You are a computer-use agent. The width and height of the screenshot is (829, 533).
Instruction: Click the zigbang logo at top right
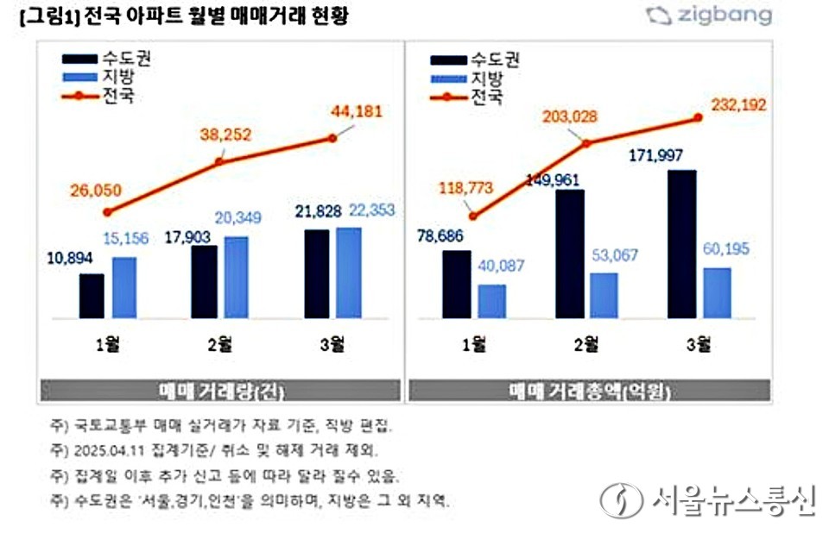(x=709, y=16)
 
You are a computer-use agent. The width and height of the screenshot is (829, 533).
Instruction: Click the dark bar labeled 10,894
(x=92, y=296)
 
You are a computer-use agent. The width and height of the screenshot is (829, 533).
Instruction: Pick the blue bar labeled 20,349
(x=236, y=277)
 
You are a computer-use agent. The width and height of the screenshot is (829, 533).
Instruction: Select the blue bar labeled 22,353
(x=349, y=273)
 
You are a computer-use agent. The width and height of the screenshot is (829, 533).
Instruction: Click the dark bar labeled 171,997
(x=681, y=244)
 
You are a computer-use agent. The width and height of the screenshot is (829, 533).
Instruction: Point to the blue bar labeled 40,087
(x=491, y=301)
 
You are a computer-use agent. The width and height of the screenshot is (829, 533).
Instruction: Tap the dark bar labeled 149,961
(x=569, y=254)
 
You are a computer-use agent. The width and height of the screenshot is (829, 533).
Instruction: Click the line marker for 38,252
(x=219, y=160)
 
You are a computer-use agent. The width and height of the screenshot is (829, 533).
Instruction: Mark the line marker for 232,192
(x=698, y=118)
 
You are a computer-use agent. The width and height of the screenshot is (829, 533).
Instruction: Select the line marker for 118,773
(x=472, y=216)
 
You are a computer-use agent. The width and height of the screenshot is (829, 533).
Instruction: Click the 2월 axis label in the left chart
(x=219, y=345)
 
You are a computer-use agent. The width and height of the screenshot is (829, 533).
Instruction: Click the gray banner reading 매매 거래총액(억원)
(x=589, y=390)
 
